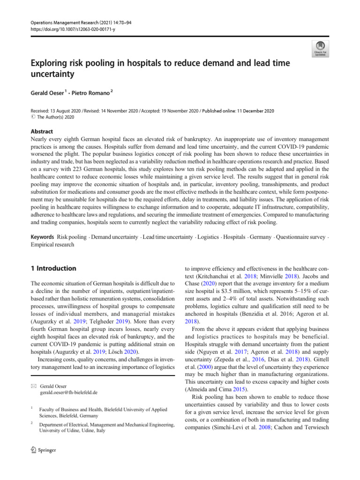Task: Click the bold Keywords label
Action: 41,238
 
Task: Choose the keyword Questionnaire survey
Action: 300,238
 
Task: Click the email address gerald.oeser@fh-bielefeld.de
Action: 69,392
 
